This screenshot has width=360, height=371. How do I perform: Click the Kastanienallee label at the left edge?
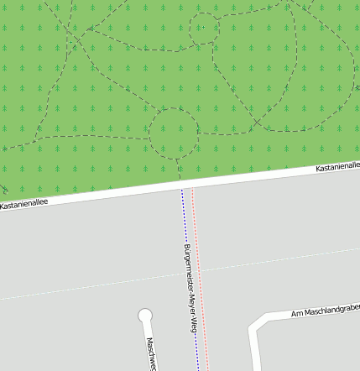(24, 203)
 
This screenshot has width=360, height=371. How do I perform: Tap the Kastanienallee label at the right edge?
(337, 168)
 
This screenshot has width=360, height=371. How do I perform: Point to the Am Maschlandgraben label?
(325, 311)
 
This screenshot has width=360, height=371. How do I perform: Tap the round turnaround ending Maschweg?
(146, 316)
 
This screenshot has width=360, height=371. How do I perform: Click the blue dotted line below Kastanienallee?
(183, 218)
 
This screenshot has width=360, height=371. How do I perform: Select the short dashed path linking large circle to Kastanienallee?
(180, 168)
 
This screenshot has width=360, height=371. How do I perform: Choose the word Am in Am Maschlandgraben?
(295, 314)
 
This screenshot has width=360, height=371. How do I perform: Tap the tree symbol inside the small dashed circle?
(201, 27)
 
